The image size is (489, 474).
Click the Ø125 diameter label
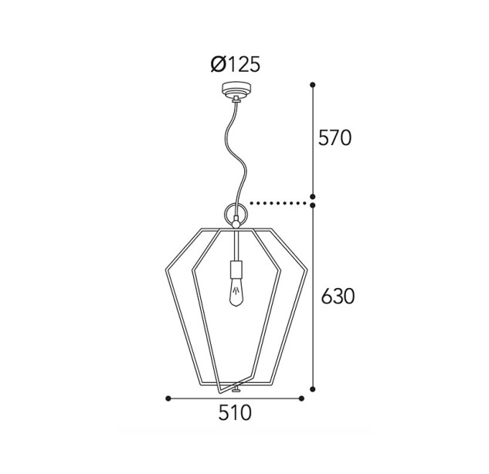[235, 65]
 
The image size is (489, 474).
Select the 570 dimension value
[334, 137]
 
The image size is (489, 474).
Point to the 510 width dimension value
[235, 413]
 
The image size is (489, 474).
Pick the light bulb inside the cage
[236, 292]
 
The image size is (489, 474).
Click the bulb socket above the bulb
[236, 269]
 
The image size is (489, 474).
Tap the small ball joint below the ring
[236, 223]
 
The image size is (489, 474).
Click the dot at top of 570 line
[313, 85]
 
